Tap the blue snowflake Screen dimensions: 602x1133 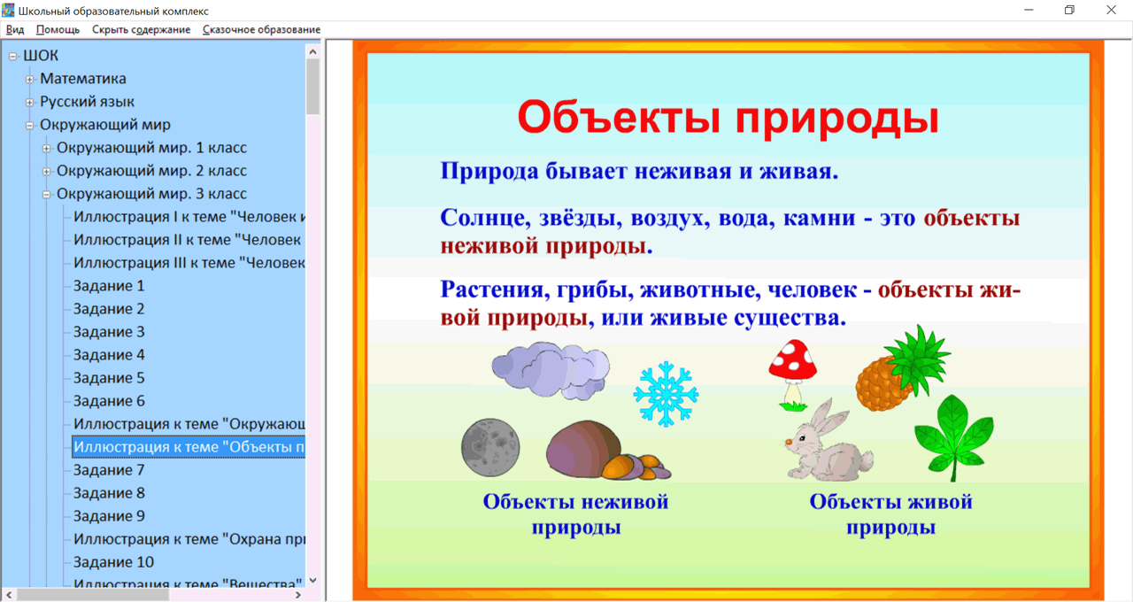(666, 393)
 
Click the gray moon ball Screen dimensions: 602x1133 (489, 447)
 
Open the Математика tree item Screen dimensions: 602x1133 (83, 79)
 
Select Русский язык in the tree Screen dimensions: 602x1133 (87, 102)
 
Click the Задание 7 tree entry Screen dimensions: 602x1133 (109, 470)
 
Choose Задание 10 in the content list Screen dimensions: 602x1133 (113, 562)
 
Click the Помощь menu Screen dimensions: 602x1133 (58, 29)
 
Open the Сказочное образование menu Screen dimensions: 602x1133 (261, 29)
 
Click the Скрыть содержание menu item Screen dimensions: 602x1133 (141, 29)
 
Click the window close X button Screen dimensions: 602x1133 (1111, 10)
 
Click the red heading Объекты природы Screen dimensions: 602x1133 (727, 118)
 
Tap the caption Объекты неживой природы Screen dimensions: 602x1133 (575, 514)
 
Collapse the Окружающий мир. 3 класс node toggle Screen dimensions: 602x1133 (47, 194)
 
